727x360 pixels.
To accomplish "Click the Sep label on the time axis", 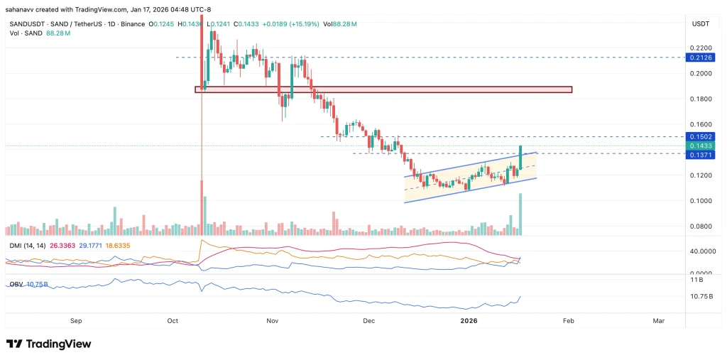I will coord(77,321).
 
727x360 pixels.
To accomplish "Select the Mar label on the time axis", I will coord(658,321).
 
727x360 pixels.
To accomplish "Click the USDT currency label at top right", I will coord(700,24).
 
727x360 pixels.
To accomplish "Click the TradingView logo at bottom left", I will coord(49,344).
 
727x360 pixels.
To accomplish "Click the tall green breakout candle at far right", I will coord(521,158).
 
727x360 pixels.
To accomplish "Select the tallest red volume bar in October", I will coord(202,207).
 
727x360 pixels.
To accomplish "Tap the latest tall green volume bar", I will coord(521,214).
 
